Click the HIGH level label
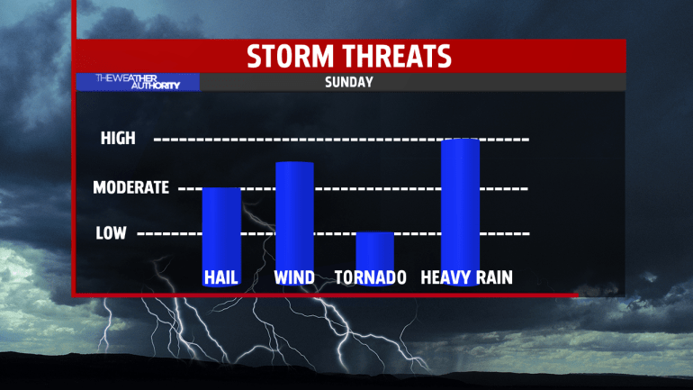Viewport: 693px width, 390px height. (118, 139)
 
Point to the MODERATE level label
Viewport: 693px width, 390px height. (130, 187)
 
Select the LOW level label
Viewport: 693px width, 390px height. (111, 233)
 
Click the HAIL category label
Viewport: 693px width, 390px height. (221, 277)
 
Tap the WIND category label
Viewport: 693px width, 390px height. (294, 277)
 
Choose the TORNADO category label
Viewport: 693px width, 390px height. (371, 277)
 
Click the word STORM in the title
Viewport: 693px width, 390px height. (290, 56)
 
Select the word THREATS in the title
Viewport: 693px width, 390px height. (398, 56)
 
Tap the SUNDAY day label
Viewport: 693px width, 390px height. (349, 82)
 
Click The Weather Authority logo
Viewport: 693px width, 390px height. (138, 82)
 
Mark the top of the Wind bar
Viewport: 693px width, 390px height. (295, 162)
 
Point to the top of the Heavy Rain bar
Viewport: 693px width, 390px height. (460, 140)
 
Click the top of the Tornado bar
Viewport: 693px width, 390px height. (374, 232)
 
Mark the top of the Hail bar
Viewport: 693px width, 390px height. (221, 188)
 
